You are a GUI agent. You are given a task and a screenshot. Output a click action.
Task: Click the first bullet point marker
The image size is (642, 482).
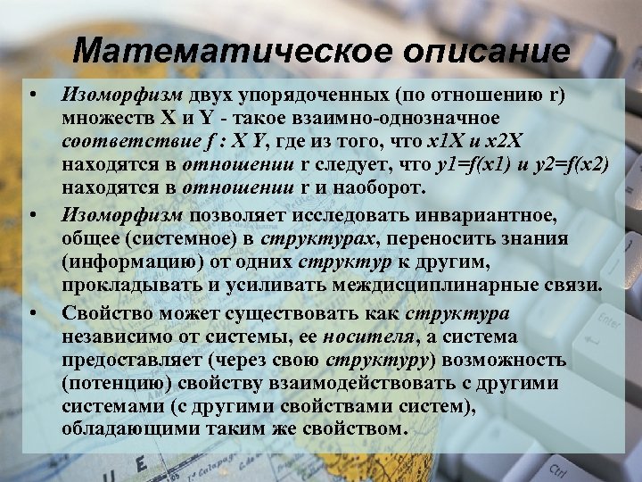coord(32,94)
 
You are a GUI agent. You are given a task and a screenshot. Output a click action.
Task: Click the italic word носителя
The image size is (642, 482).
coord(359,337)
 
